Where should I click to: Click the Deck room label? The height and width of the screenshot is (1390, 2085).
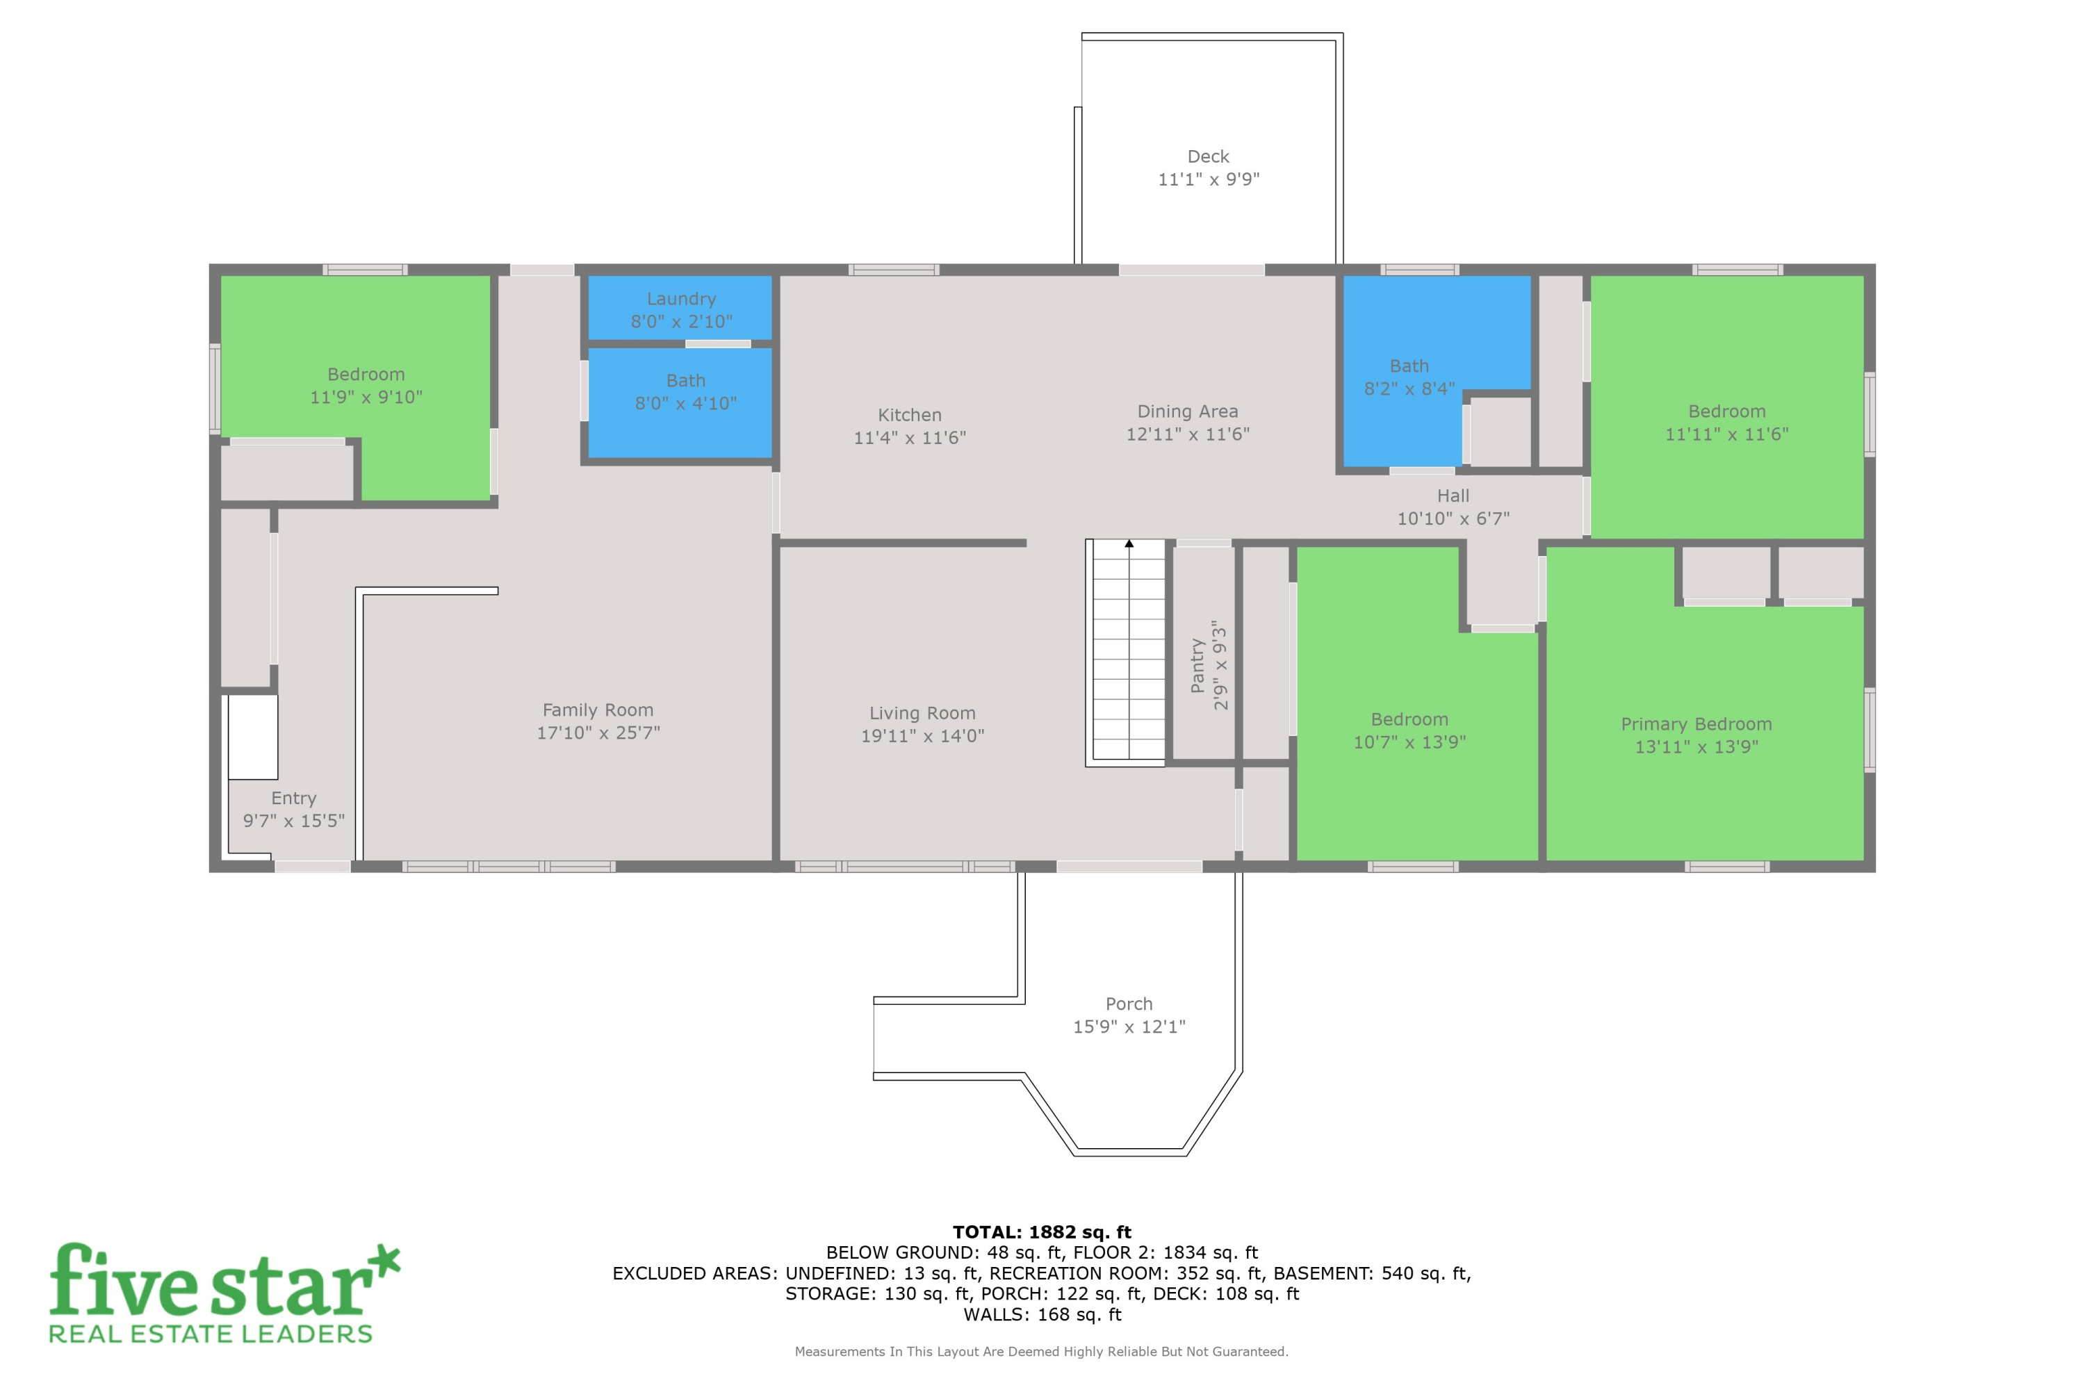[1209, 157]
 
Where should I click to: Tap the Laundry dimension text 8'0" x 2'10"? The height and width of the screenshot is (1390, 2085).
[682, 322]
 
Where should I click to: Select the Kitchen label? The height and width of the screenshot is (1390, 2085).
[910, 415]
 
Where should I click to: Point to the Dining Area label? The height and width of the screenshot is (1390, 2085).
[1188, 411]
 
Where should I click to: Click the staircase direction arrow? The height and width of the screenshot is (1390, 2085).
[1129, 543]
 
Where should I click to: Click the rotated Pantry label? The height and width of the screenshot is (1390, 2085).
[1197, 666]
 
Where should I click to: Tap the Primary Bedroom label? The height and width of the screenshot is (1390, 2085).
[1696, 724]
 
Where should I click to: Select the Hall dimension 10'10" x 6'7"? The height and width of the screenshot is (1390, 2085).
[1453, 518]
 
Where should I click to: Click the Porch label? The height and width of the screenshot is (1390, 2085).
[1129, 1004]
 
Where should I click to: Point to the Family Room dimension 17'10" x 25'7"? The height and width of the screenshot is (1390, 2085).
[598, 733]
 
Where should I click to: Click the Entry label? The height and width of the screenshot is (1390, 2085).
[293, 798]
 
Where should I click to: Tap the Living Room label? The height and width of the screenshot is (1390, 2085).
[922, 713]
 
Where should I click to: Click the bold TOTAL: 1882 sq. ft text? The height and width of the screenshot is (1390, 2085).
[1042, 1232]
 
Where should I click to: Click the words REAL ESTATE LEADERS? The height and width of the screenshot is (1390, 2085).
[210, 1334]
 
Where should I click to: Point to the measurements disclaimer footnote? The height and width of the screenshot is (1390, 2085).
[1042, 1352]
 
